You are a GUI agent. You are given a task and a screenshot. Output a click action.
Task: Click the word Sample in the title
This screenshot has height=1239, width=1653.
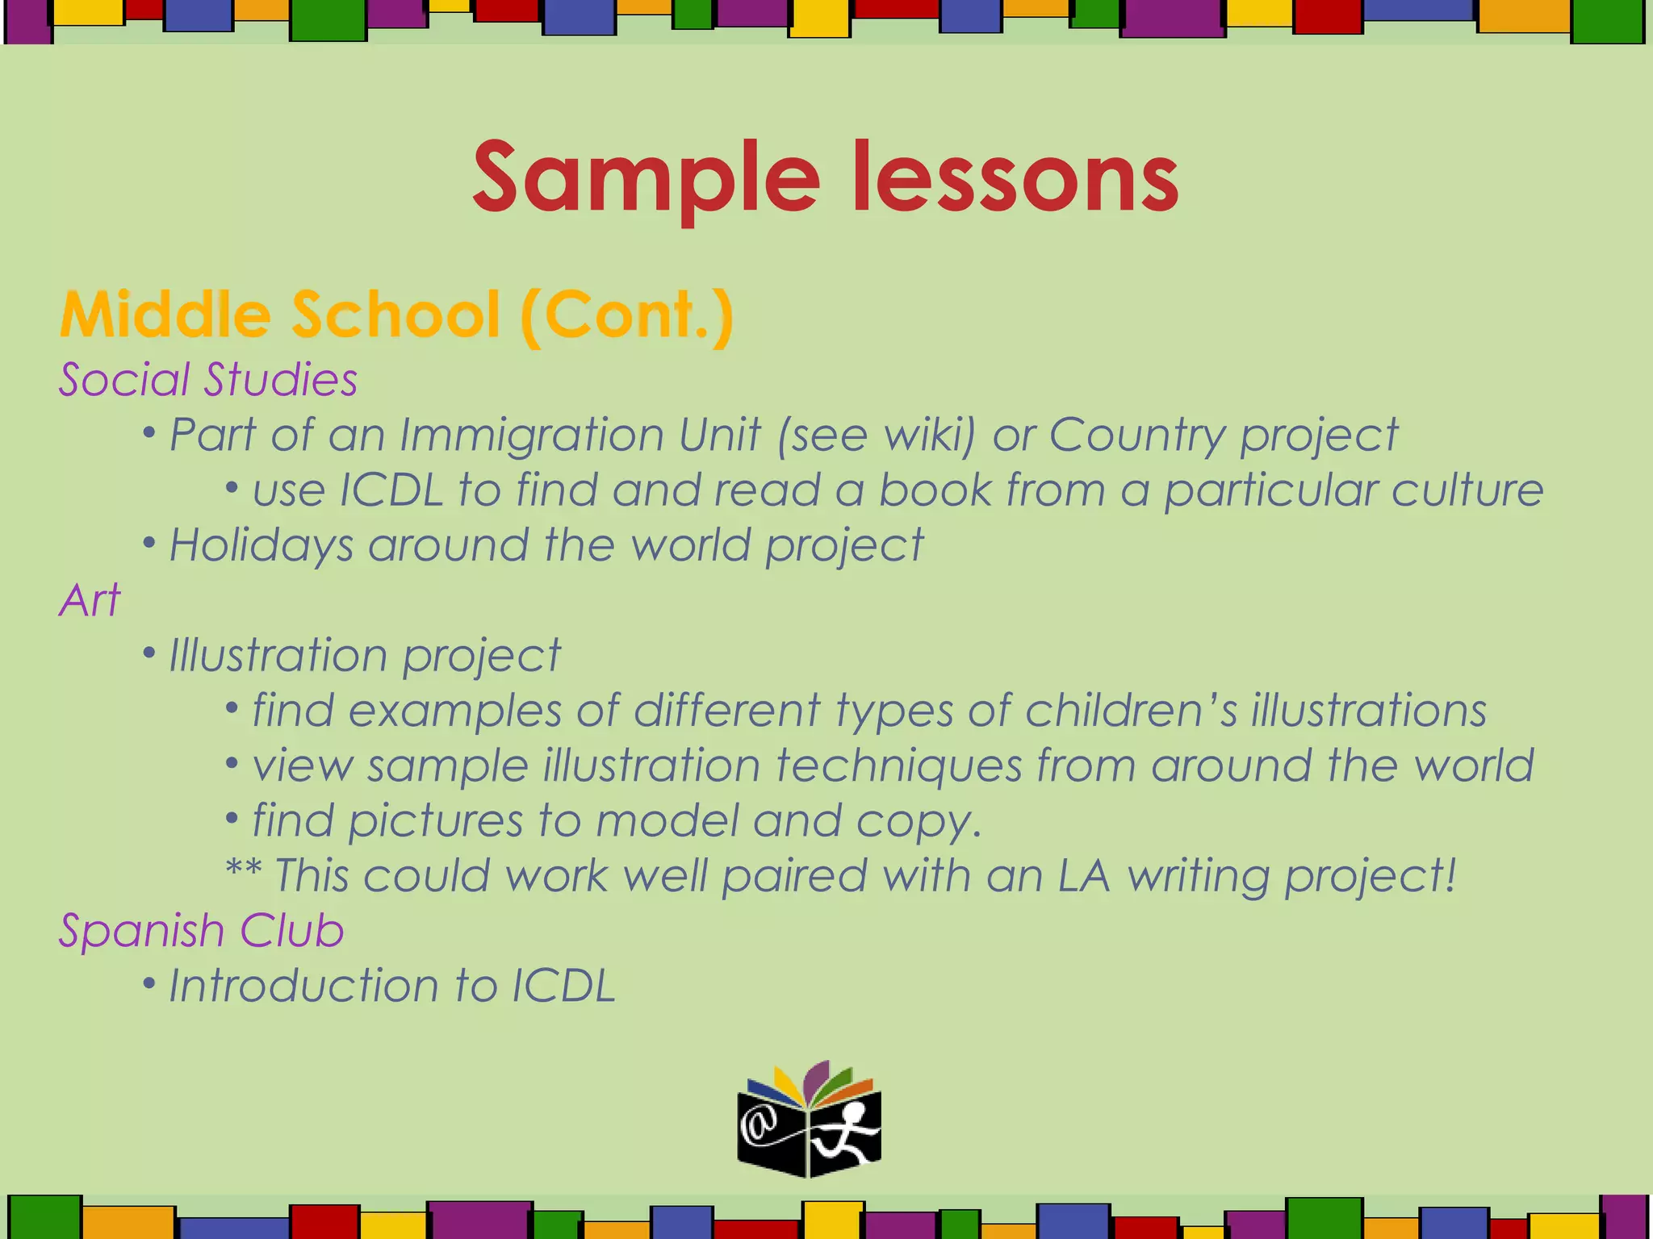[x=646, y=179]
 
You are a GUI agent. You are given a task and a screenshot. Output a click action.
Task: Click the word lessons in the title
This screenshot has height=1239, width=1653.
[x=1015, y=179]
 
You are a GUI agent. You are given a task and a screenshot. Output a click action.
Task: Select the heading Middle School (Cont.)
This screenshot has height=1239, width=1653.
[x=396, y=315]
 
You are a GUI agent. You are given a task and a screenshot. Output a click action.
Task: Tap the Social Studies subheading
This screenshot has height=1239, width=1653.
[x=207, y=380]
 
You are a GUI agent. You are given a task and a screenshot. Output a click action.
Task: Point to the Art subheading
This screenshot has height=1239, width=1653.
[x=90, y=600]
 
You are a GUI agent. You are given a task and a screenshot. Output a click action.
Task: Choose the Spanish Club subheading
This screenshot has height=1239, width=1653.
[x=201, y=931]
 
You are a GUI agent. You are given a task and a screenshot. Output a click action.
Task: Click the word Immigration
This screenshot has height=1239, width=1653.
[x=580, y=436]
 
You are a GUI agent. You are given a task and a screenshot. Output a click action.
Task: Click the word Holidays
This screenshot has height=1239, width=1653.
[x=261, y=545]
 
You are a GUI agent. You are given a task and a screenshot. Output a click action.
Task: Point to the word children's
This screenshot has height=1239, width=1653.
[x=1130, y=711]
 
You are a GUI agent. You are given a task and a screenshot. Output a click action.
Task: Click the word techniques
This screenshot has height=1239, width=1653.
[x=898, y=766]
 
